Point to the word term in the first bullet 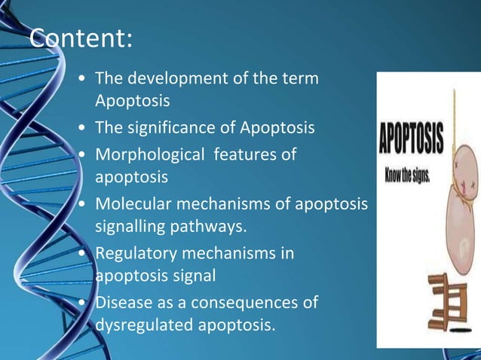(x=302, y=78)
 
